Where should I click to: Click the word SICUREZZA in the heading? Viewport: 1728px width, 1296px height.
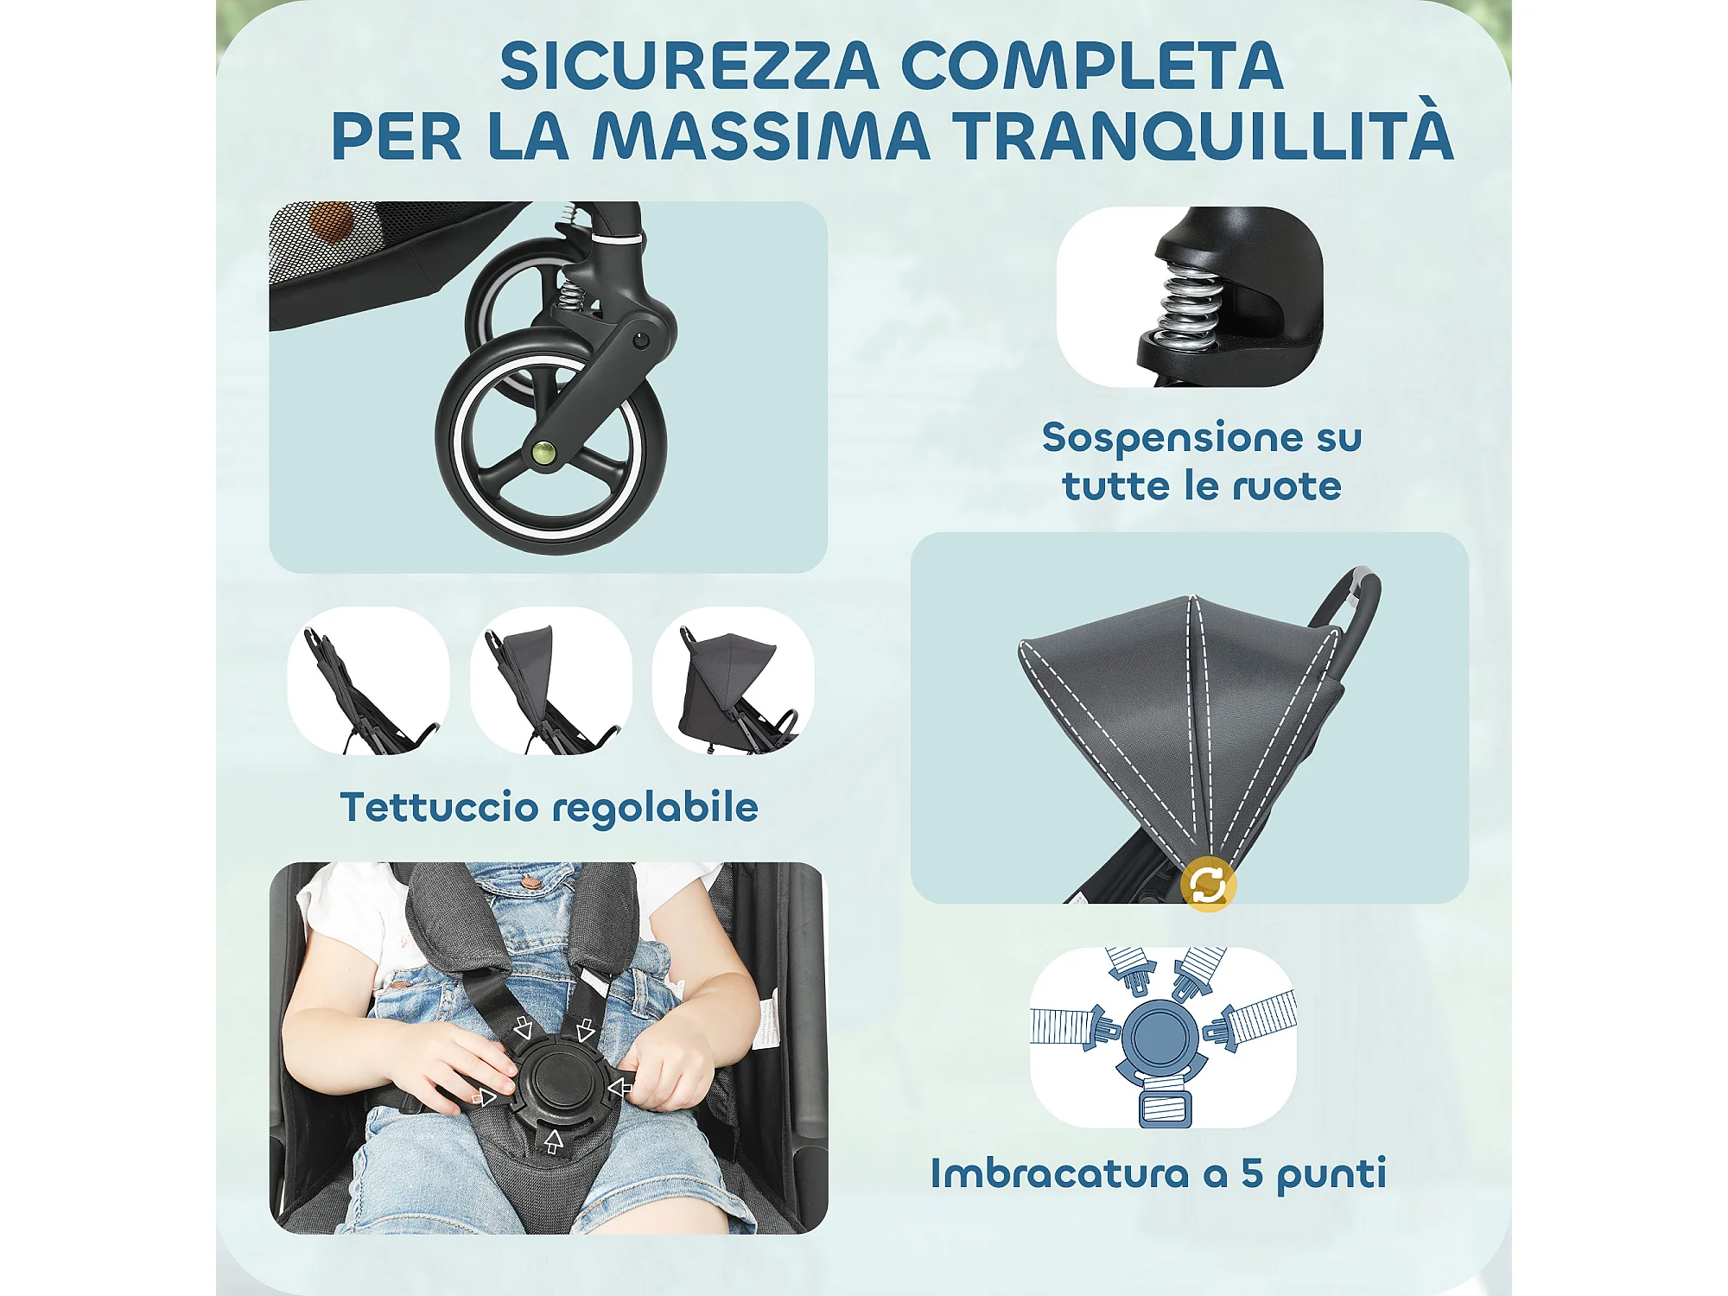689,66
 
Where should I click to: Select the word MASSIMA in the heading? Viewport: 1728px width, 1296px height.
761,136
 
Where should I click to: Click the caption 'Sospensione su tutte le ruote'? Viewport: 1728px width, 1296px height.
1202,461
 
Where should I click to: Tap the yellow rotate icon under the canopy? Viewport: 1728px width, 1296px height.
1208,884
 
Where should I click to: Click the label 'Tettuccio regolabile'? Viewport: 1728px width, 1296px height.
550,807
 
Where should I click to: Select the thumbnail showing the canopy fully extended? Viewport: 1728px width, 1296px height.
734,681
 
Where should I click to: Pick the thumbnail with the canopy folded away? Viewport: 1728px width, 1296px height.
369,681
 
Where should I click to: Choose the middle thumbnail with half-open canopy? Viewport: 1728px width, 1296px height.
551,681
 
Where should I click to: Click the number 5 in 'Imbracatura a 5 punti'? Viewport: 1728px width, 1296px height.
1253,1172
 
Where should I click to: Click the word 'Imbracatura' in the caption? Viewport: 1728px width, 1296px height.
1060,1172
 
